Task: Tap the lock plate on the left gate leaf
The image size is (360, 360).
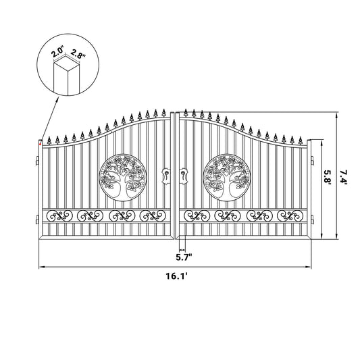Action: pyautogui.click(x=166, y=177)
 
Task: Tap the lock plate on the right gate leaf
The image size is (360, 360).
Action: pyautogui.click(x=184, y=177)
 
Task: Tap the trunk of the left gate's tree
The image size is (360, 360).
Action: pyautogui.click(x=124, y=190)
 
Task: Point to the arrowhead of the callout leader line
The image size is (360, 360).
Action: pyautogui.click(x=42, y=140)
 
